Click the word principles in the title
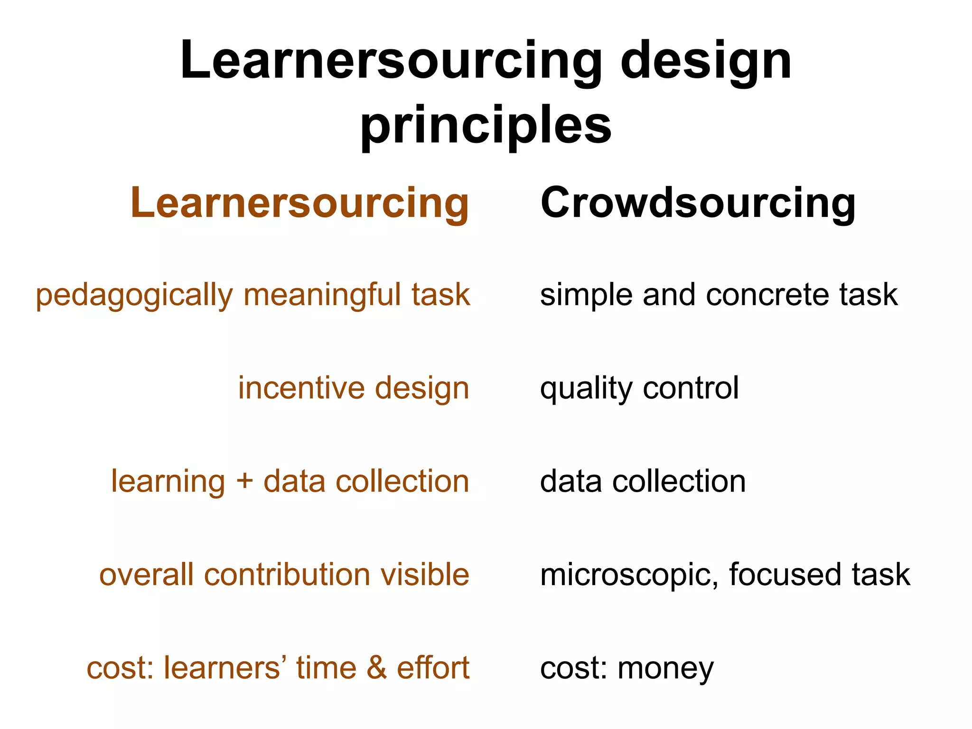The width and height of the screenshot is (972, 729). [x=486, y=126]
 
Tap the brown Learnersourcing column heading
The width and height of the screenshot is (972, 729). [x=300, y=203]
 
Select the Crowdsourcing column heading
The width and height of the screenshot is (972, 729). [x=698, y=203]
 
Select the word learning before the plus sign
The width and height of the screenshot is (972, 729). [x=168, y=482]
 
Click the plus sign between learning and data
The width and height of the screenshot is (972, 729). [x=244, y=481]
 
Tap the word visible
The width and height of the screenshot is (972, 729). [x=425, y=575]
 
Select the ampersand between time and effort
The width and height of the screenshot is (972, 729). [x=377, y=668]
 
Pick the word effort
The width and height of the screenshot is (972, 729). [x=433, y=668]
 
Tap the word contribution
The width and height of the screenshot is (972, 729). [x=287, y=575]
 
